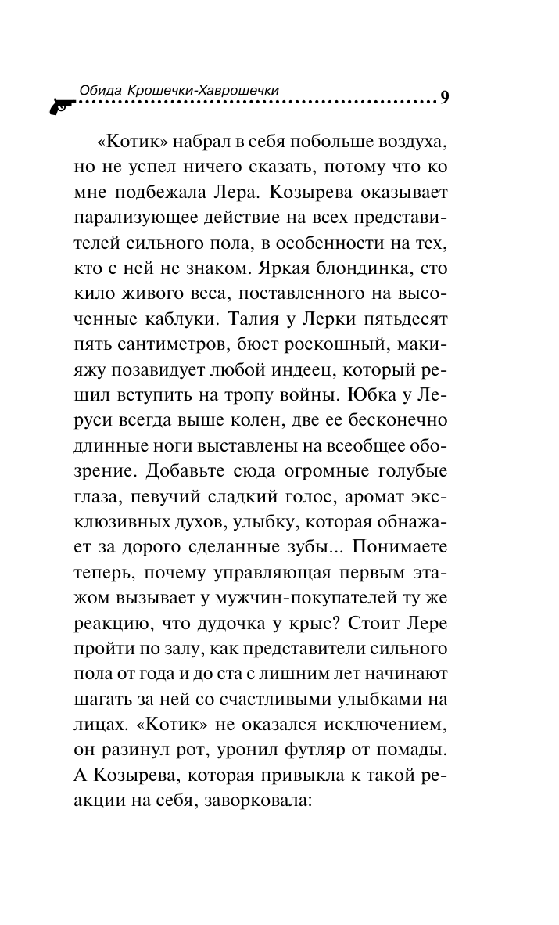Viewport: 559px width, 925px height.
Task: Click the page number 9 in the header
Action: pos(444,98)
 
